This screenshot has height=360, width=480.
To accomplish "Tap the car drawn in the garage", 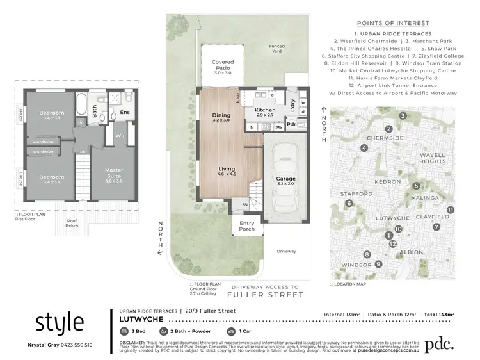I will tap(284, 177).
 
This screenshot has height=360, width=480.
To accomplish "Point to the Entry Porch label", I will tap(247, 225).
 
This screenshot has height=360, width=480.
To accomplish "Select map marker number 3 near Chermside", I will tap(403, 116).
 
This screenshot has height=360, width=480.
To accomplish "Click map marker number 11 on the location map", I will tap(451, 209).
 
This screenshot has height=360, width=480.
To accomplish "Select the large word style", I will tap(59, 322).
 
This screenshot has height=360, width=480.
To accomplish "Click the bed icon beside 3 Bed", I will tap(124, 332).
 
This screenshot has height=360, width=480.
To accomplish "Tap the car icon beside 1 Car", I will tap(231, 332).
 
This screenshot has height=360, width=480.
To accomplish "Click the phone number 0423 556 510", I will tap(76, 345).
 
